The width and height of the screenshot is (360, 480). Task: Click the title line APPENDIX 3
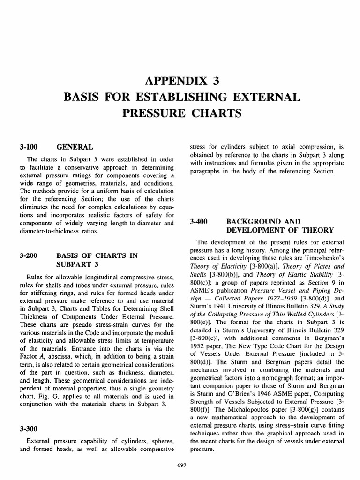tap(180, 81)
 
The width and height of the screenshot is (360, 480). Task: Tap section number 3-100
tap(29, 147)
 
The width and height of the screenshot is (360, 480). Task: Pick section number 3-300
tap(29, 428)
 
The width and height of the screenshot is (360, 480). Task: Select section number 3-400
tap(198, 221)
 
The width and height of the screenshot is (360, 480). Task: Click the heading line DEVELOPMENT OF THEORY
tap(280, 230)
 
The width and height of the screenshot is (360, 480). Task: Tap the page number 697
tap(180, 464)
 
